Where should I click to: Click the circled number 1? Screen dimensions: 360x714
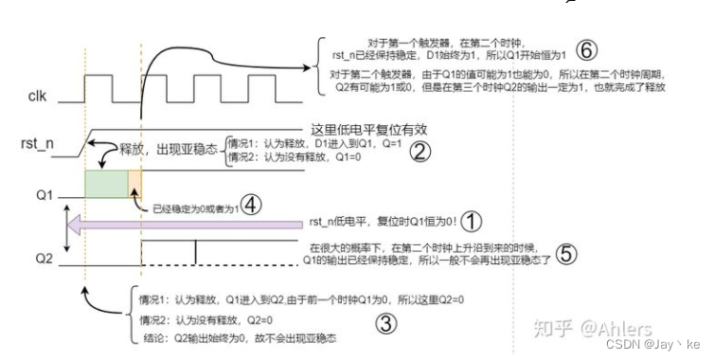point(471,221)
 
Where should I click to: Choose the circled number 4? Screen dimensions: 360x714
point(250,204)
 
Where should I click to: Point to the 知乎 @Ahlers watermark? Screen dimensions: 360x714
point(591,330)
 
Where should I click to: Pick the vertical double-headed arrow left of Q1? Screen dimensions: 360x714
point(64,223)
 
